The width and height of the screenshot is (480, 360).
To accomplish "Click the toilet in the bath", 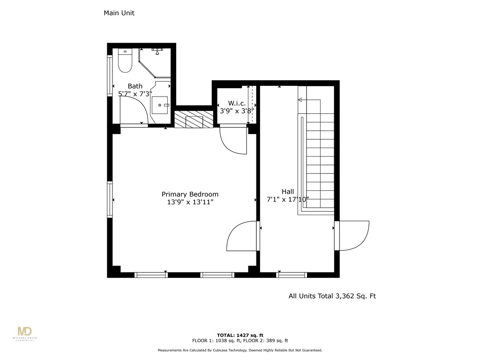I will click(x=125, y=61).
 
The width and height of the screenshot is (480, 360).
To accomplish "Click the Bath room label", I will click(x=135, y=86).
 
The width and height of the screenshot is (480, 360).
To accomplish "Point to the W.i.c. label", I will click(x=237, y=103).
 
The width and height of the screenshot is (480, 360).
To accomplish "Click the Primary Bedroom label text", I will click(x=190, y=194).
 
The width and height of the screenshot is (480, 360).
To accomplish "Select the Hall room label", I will click(x=288, y=191).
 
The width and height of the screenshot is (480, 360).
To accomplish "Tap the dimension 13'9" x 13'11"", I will click(x=190, y=202).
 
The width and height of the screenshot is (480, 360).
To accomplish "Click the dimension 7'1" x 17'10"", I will click(x=288, y=199).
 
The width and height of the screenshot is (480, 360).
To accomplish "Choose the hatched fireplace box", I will click(x=194, y=119).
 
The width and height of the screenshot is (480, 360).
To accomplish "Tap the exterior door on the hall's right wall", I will click(x=352, y=235).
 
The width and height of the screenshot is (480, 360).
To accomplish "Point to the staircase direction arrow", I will click(x=300, y=100).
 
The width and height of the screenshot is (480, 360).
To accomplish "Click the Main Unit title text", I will click(x=119, y=13).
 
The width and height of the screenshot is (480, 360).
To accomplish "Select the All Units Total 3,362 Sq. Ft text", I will click(x=332, y=296).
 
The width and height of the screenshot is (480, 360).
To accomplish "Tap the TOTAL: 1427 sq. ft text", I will click(x=240, y=335).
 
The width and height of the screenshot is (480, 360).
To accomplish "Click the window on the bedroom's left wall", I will click(x=110, y=200).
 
